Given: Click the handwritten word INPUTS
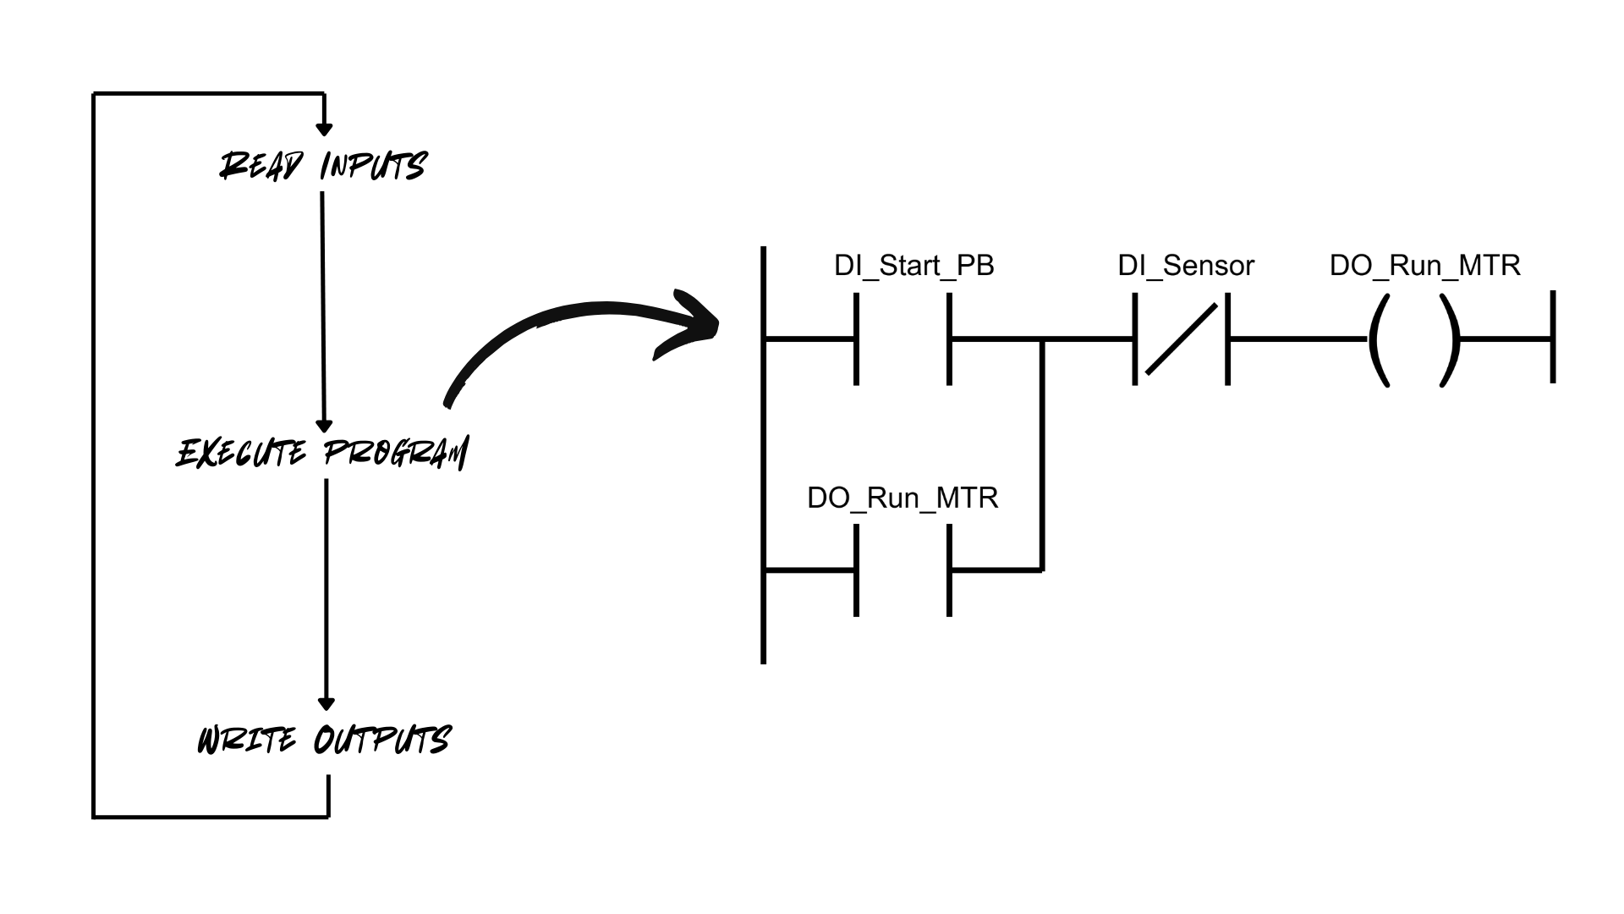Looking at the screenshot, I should (x=373, y=166).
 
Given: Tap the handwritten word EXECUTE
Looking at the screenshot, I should (x=242, y=454).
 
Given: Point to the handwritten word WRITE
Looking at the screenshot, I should (x=247, y=741).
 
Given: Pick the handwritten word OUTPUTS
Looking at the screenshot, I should (x=382, y=741).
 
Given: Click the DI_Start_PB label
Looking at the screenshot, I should (x=913, y=266).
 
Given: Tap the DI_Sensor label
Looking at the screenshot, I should (x=1185, y=266).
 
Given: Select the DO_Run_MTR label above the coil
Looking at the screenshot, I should (x=1424, y=266).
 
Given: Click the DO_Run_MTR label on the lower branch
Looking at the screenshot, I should (x=903, y=498).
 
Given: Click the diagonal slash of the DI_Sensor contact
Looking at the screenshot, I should (x=1181, y=339).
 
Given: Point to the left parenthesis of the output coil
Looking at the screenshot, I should (x=1377, y=340).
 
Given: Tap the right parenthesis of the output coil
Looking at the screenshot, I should (x=1451, y=340).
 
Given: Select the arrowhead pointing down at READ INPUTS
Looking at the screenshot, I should (x=323, y=129).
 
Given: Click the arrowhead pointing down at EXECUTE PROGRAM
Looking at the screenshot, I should (x=324, y=426).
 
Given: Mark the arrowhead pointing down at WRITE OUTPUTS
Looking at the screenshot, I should (x=326, y=703).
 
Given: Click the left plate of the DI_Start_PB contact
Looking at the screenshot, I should (x=857, y=339).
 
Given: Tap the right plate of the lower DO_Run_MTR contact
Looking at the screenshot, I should (x=949, y=570).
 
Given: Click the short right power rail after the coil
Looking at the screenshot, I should (x=1553, y=337).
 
